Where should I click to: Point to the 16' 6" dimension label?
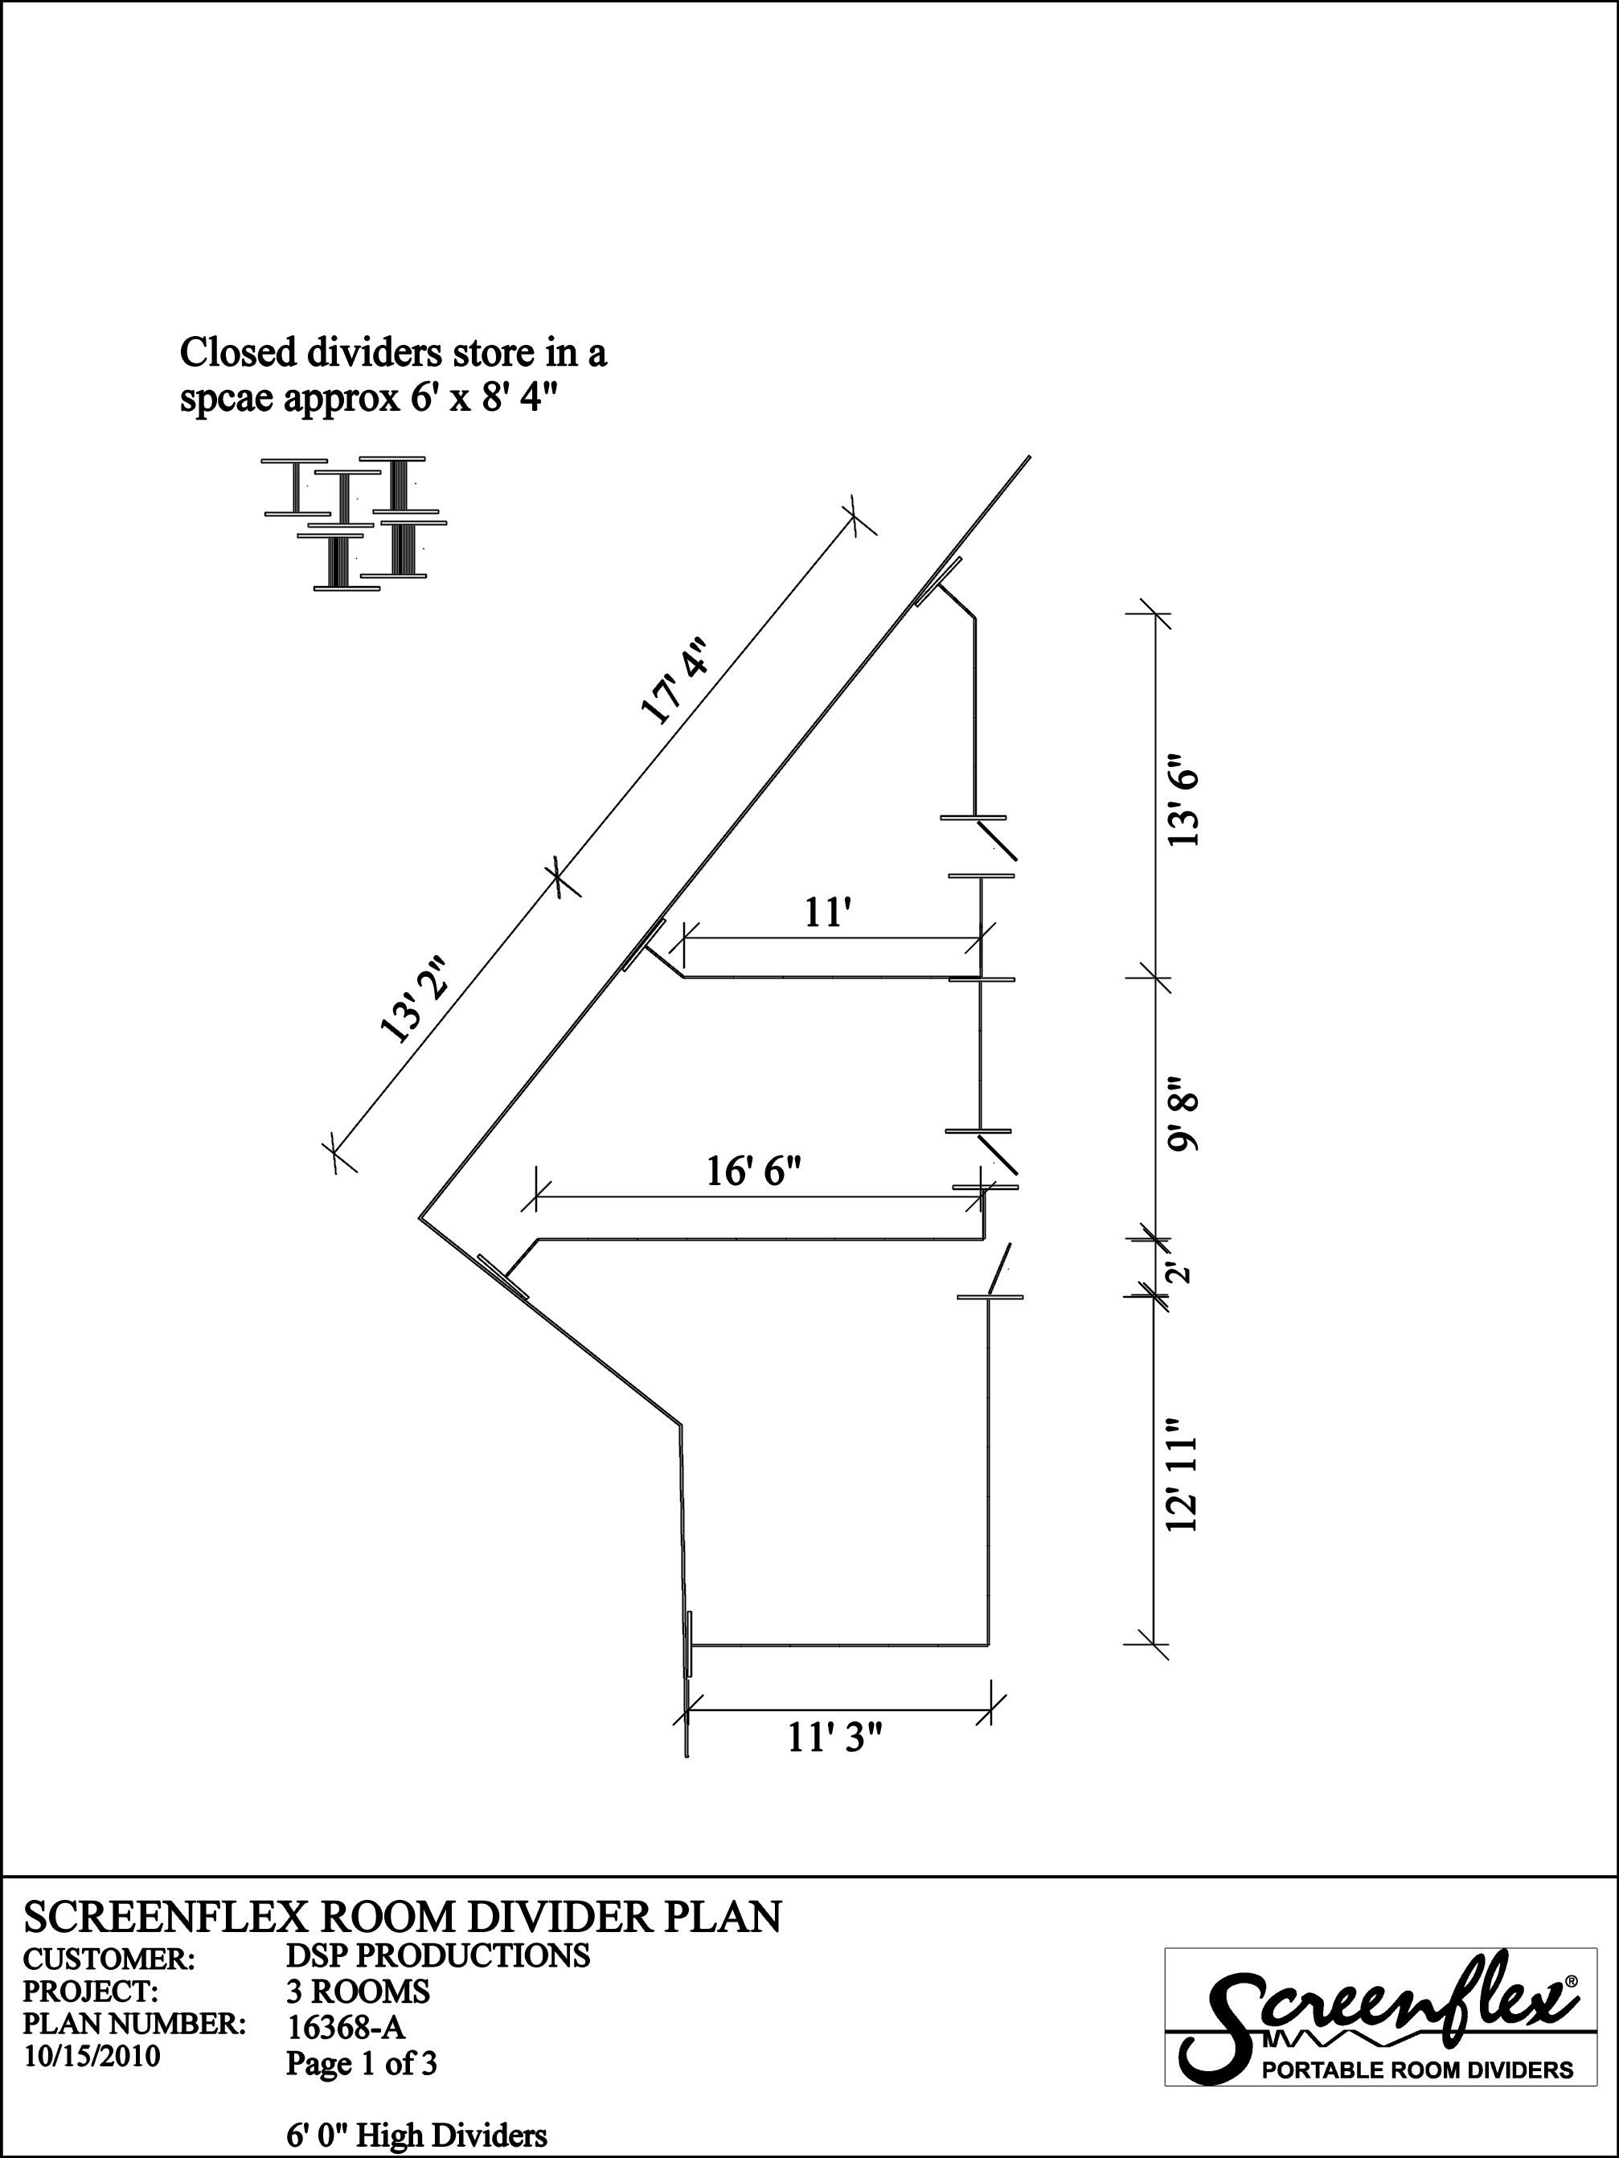click(754, 1171)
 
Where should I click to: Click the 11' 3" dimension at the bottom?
click(835, 1737)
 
